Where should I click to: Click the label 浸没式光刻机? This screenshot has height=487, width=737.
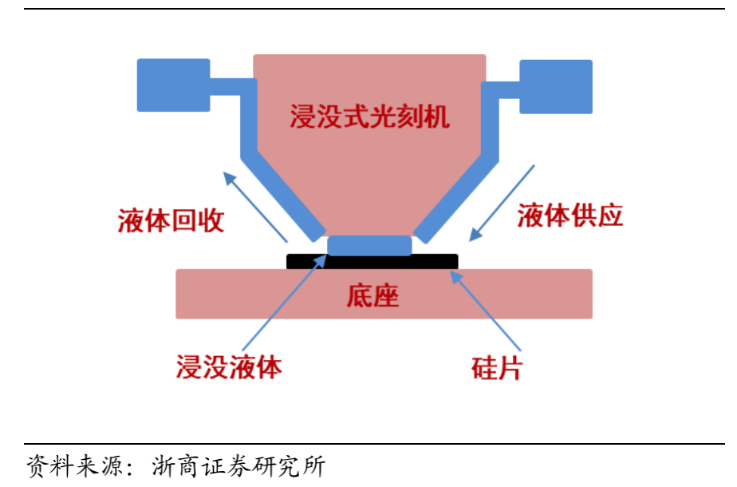point(369,117)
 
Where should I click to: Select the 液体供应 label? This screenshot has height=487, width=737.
point(569,216)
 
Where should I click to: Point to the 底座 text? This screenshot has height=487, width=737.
point(372,296)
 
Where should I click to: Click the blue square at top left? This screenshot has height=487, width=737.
point(173,85)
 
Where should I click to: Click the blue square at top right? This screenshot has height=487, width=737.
point(556,85)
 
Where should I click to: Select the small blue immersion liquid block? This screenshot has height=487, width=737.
point(369,245)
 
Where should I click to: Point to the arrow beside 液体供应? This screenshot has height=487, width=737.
point(503,203)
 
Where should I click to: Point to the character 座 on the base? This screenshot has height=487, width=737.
point(385,296)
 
